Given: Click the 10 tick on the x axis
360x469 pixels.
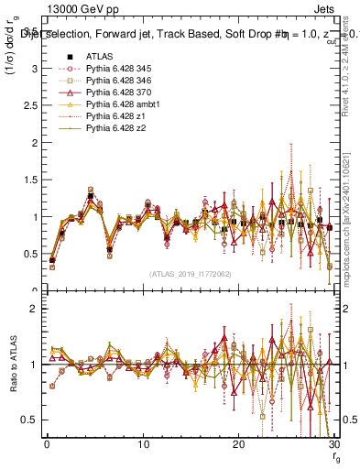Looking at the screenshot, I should coord(143,444).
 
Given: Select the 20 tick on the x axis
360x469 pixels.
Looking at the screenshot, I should coord(238,444).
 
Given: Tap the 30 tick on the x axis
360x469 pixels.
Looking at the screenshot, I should coord(333,444).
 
